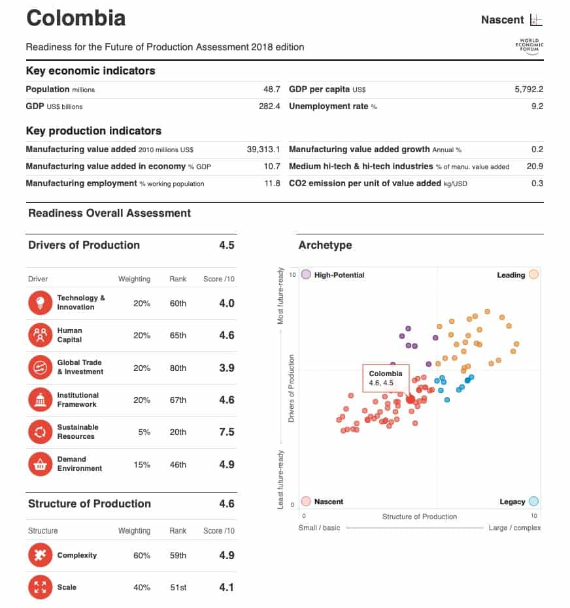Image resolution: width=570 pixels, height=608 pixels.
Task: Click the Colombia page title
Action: click(x=76, y=18)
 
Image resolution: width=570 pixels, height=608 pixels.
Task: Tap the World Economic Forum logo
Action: click(x=529, y=46)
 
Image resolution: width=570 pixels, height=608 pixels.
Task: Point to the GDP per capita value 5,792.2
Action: click(x=529, y=89)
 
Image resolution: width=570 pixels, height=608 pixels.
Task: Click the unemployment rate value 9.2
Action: click(x=537, y=106)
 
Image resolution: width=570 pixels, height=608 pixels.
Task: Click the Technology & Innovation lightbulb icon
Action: click(x=40, y=302)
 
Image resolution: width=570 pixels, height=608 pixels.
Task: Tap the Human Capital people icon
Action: click(x=40, y=335)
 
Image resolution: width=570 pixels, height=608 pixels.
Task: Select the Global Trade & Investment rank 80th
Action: click(x=178, y=368)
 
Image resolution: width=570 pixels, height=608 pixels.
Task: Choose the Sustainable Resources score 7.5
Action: click(x=226, y=432)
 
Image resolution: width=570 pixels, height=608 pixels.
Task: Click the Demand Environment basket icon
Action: click(x=40, y=464)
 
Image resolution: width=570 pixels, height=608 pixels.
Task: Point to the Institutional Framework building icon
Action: click(x=40, y=400)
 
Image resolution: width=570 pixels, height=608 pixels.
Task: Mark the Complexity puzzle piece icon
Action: click(x=40, y=555)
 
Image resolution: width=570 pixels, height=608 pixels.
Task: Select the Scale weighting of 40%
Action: click(x=142, y=587)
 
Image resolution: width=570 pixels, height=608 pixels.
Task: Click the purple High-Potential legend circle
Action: click(x=306, y=275)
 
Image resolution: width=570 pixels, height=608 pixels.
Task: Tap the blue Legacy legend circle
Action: click(x=533, y=502)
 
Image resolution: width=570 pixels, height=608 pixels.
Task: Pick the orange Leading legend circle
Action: click(x=533, y=275)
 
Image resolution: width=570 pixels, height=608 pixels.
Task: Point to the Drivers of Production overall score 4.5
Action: click(x=226, y=246)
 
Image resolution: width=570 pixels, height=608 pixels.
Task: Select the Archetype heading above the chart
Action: click(x=325, y=246)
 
